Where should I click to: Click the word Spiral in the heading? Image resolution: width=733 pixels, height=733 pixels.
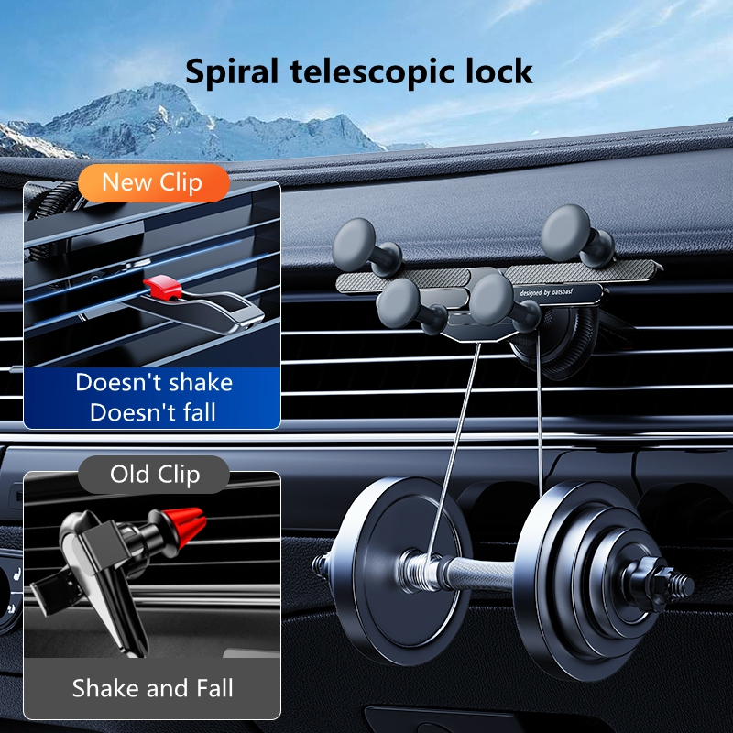(x=232, y=72)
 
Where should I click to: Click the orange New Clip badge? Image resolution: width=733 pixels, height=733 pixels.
(x=154, y=182)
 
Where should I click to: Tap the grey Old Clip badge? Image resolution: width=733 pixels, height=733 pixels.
(x=154, y=474)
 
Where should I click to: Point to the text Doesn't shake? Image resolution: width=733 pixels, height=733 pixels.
(x=154, y=382)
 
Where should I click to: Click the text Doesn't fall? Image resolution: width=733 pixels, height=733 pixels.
(x=153, y=412)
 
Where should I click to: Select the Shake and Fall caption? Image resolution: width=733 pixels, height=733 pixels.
(x=152, y=688)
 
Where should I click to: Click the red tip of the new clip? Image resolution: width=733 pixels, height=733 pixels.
(x=162, y=287)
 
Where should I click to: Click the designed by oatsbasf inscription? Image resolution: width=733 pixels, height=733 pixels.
(x=546, y=292)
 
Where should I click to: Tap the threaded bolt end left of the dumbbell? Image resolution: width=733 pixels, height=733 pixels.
(x=323, y=565)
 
